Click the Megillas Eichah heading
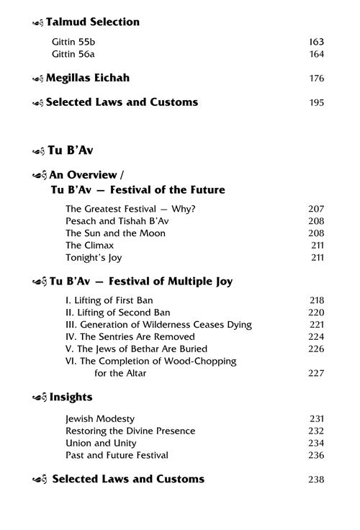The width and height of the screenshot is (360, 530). point(88,78)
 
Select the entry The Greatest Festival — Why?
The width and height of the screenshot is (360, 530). point(123,209)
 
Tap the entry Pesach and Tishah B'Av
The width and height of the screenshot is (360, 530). point(112,221)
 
